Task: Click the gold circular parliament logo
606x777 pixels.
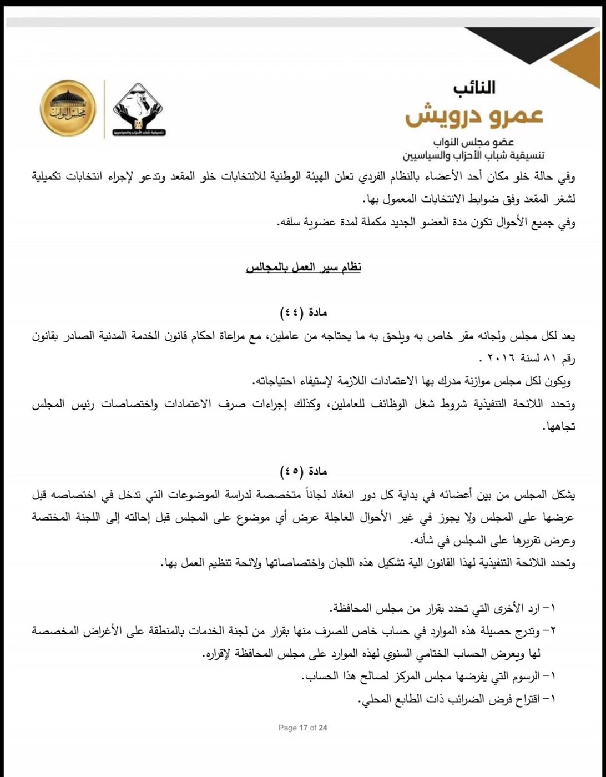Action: [68, 107]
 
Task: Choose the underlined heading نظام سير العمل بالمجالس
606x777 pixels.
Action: [304, 268]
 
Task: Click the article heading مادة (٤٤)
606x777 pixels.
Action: [304, 312]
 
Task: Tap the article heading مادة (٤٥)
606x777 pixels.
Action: [304, 471]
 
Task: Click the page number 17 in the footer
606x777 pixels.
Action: [303, 728]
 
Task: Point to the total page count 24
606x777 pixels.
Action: [322, 728]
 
